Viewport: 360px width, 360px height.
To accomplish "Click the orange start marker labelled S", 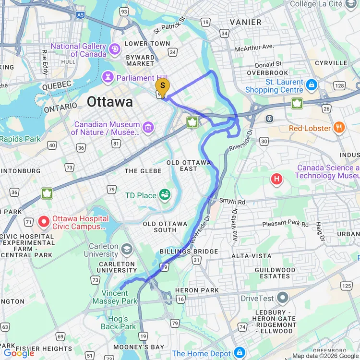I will click(162, 87).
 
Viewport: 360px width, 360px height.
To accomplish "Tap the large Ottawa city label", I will click(110, 102).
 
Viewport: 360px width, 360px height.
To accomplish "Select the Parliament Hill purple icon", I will click(108, 77).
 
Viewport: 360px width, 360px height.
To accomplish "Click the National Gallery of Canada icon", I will click(115, 48).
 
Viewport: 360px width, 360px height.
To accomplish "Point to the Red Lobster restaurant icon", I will click(339, 128).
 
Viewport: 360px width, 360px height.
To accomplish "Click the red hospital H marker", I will click(276, 180).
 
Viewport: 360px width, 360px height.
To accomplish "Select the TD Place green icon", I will click(165, 195).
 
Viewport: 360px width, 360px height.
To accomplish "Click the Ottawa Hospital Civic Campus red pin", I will click(44, 221).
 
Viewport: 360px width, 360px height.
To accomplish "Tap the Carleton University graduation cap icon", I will click(127, 249).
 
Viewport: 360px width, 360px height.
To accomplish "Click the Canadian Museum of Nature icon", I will click(148, 127).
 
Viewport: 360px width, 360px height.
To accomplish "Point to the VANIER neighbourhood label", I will click(245, 22).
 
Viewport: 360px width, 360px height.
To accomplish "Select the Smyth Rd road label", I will click(232, 202).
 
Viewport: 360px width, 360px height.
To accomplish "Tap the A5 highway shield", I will click(80, 15).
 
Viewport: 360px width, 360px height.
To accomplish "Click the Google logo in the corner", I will click(19, 353).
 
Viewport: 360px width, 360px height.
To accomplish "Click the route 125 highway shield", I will click(346, 286).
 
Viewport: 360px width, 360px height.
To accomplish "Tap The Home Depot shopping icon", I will click(239, 353).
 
